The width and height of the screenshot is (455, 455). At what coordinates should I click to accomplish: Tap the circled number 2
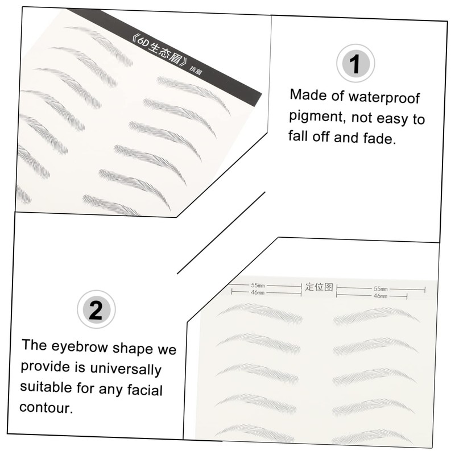(x=96, y=309)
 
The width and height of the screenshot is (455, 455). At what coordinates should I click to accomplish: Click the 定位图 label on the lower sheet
(x=318, y=287)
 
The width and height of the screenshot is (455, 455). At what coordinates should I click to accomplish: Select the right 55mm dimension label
(x=380, y=289)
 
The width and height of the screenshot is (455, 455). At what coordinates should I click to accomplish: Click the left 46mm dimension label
(x=257, y=292)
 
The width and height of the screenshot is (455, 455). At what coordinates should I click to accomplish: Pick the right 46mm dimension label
(x=380, y=296)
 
